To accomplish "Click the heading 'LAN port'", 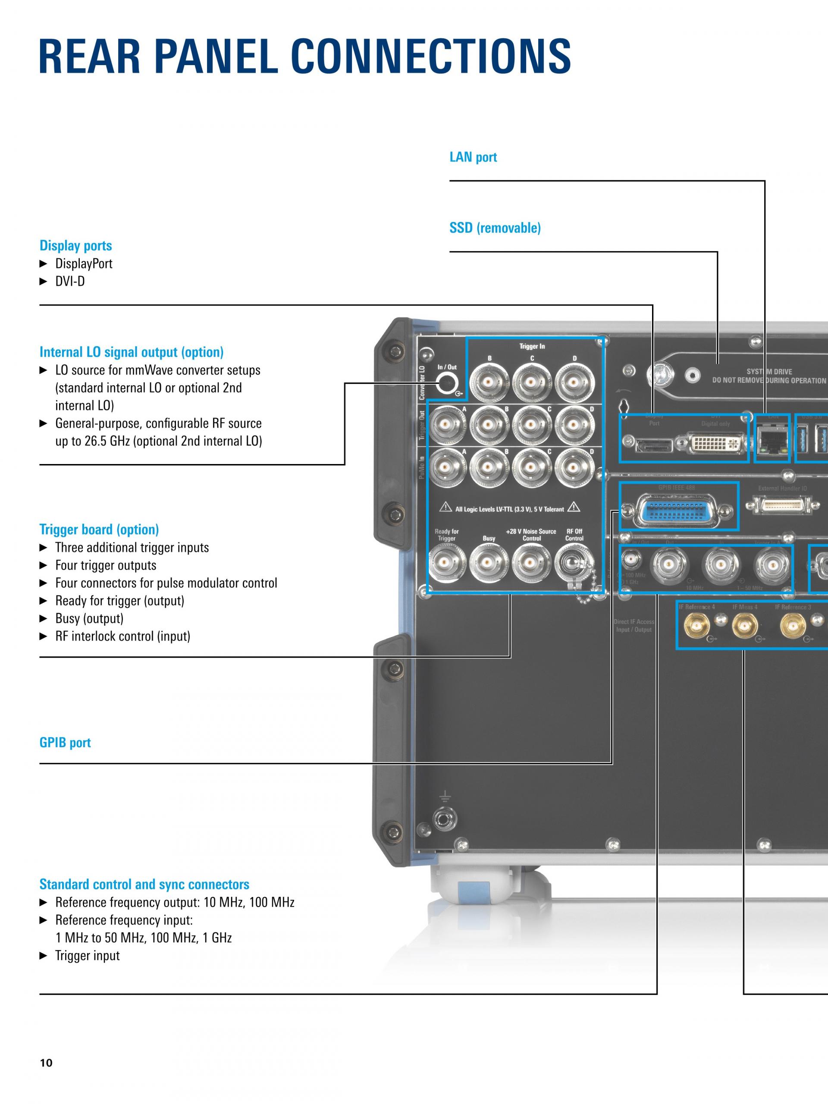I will click(x=473, y=157).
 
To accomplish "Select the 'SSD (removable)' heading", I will click(x=495, y=228).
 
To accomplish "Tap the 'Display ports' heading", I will click(x=75, y=245).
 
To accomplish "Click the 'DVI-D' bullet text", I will click(x=70, y=282).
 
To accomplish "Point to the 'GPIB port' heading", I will click(x=65, y=743).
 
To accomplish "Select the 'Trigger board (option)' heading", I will click(x=99, y=530).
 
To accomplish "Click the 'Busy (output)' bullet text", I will click(x=89, y=618).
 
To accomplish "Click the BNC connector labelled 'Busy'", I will click(x=489, y=563).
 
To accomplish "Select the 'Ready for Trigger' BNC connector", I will click(x=447, y=563).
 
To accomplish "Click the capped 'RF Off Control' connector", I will click(x=574, y=563).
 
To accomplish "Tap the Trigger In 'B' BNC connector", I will click(x=489, y=383).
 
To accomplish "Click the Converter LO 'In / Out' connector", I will click(x=447, y=384).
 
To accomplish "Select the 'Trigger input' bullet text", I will click(x=88, y=956).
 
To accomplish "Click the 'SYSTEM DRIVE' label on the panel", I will click(x=769, y=372).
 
